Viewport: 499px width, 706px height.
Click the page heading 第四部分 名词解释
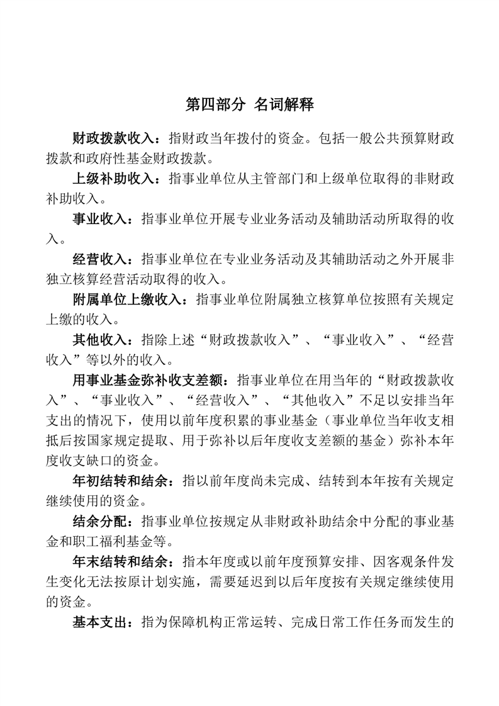(x=249, y=104)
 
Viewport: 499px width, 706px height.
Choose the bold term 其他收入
(x=99, y=340)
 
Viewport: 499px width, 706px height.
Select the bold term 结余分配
(x=99, y=522)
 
